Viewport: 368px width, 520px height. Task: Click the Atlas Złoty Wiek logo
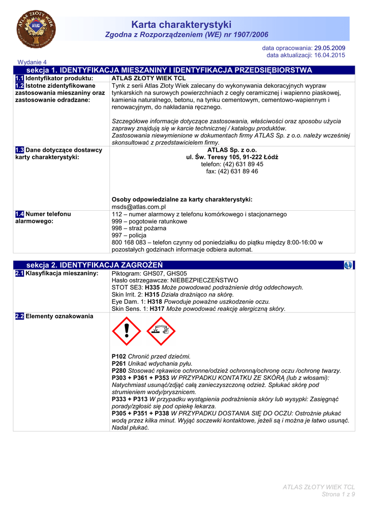pyautogui.click(x=36, y=28)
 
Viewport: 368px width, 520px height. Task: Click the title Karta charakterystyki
pyautogui.click(x=181, y=24)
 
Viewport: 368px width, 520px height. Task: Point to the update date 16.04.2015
pyautogui.click(x=330, y=55)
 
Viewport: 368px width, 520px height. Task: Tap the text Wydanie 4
pyautogui.click(x=32, y=62)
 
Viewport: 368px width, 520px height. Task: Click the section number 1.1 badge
pyautogui.click(x=19, y=79)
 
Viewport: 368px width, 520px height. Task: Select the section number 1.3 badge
pyautogui.click(x=19, y=150)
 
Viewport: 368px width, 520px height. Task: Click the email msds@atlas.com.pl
pyautogui.click(x=139, y=207)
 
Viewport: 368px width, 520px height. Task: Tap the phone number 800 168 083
pyautogui.click(x=129, y=243)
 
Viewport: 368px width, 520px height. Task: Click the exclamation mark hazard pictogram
pyautogui.click(x=127, y=331)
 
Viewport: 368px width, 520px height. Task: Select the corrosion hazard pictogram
pyautogui.click(x=161, y=331)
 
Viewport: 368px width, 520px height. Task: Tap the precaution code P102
pyautogui.click(x=119, y=357)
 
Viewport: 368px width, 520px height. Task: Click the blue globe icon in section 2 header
pyautogui.click(x=348, y=265)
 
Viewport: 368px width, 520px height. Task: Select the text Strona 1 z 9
pyautogui.click(x=339, y=495)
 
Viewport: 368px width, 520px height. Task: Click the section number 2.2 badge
pyautogui.click(x=19, y=316)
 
